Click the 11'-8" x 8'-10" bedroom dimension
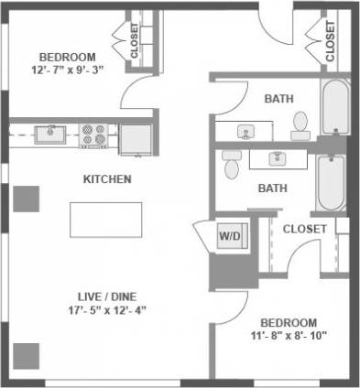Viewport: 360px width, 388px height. (289, 336)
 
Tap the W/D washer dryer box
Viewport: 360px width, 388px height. (229, 236)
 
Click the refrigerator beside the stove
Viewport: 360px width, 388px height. (136, 138)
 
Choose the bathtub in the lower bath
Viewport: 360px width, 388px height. (330, 182)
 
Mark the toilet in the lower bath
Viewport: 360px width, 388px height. (232, 166)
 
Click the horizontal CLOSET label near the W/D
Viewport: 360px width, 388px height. (304, 229)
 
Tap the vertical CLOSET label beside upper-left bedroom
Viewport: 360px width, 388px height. (136, 40)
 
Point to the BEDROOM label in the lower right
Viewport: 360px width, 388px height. (289, 322)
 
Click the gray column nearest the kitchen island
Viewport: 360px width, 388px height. (27, 198)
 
